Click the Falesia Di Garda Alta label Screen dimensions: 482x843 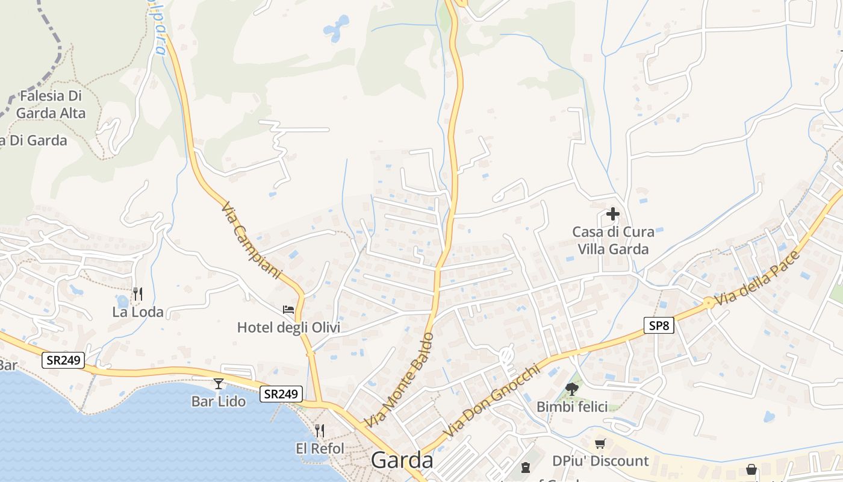coord(51,104)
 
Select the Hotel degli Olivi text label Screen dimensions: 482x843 coord(288,328)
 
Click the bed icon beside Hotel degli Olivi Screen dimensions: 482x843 coord(288,310)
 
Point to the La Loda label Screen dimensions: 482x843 coord(138,311)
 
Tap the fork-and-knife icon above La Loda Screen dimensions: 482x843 coord(138,293)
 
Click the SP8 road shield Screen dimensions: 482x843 coord(658,325)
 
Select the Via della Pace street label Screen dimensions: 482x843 coord(759,278)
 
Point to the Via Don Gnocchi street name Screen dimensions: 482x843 coord(491,401)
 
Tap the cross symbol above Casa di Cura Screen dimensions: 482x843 coord(613,214)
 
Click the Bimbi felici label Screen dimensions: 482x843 coord(572,407)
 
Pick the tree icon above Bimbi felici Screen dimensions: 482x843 coord(572,389)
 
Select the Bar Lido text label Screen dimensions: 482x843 coord(219,401)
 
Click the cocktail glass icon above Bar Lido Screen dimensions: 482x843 coord(219,384)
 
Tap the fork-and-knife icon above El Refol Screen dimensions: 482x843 coord(320,430)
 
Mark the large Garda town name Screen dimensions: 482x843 coord(402,460)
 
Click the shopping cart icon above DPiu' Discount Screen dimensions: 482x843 coord(600,444)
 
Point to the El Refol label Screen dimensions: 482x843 coord(320,448)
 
